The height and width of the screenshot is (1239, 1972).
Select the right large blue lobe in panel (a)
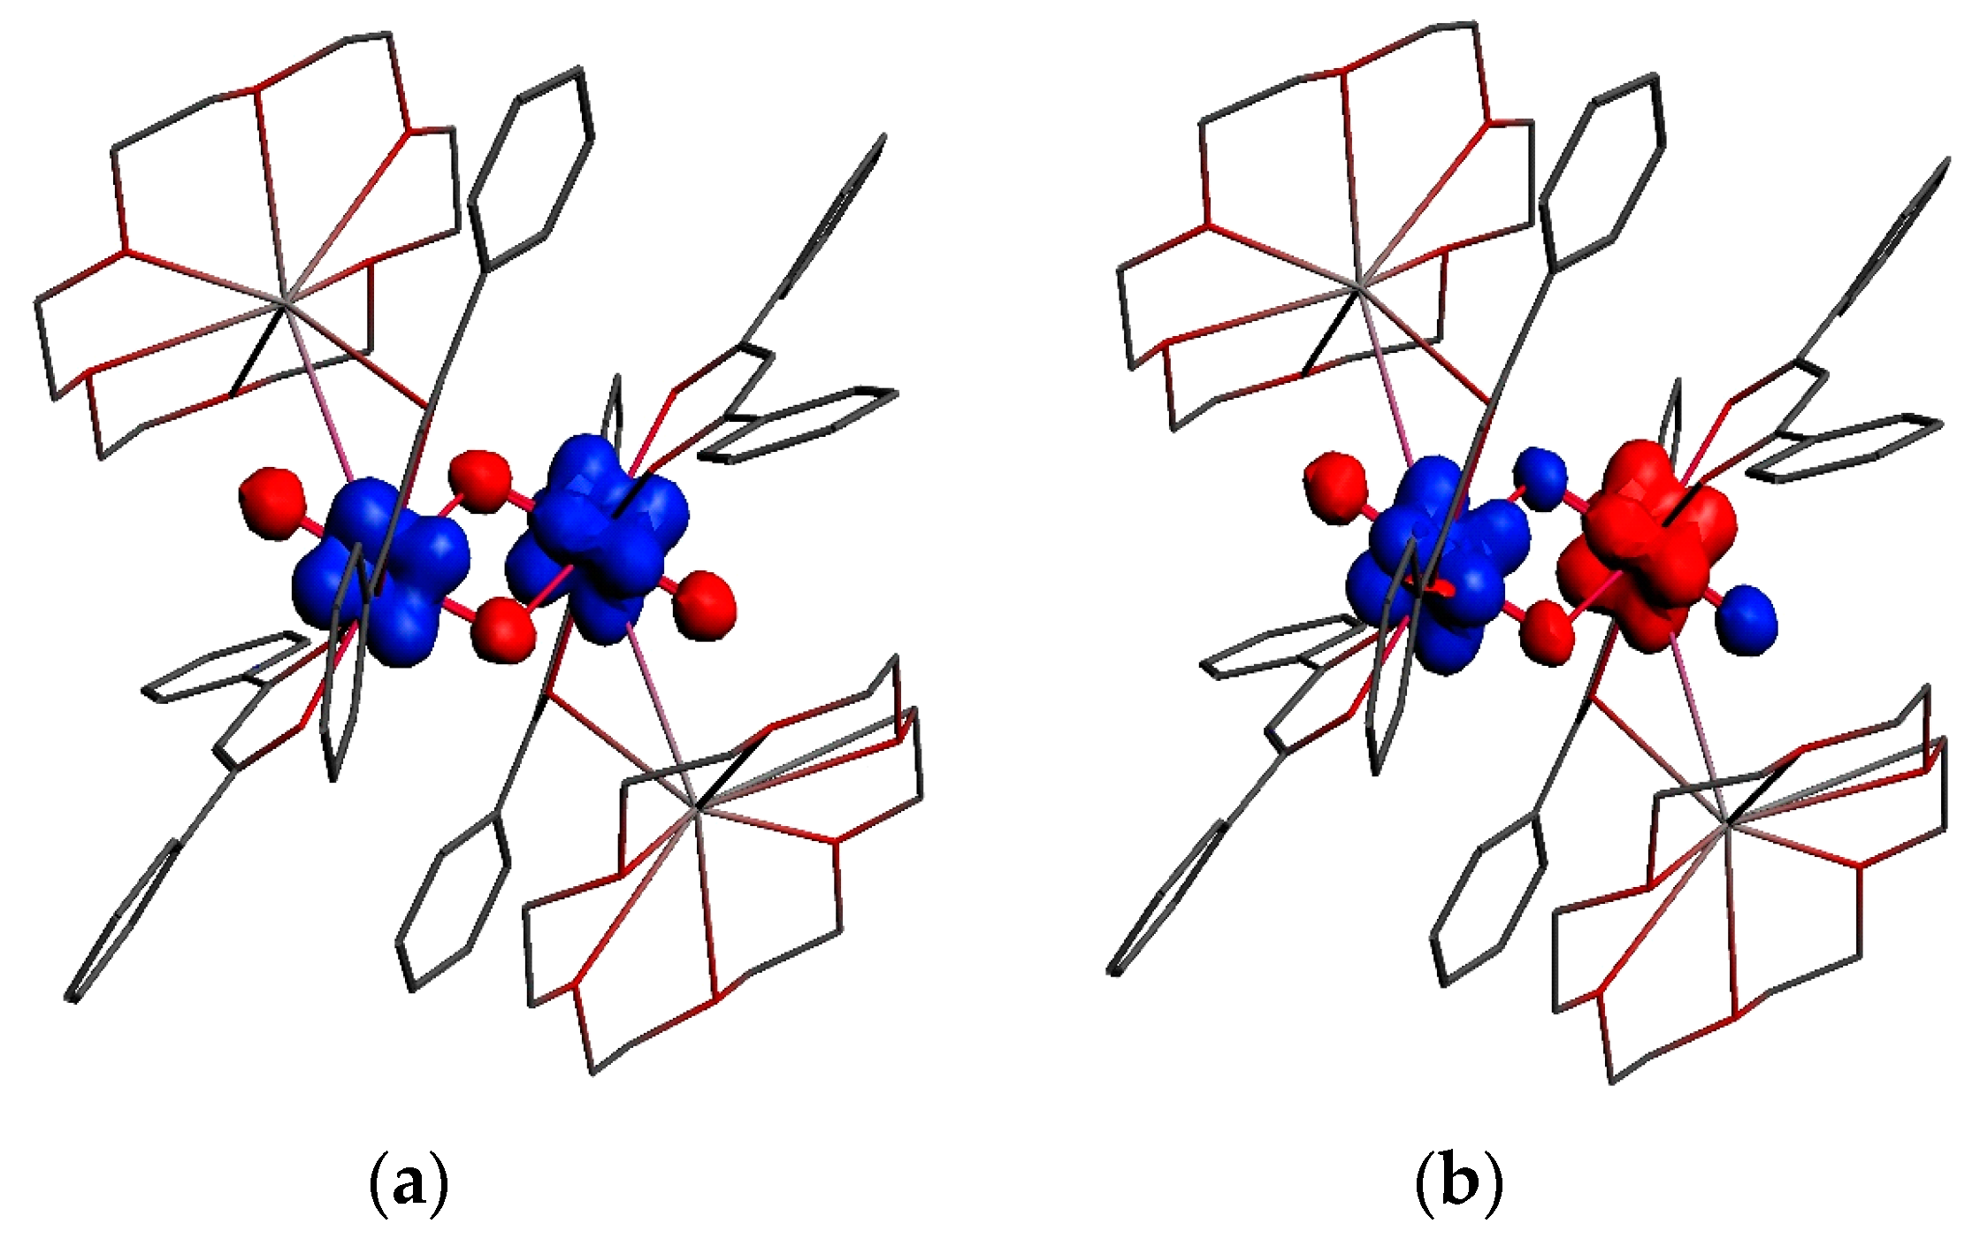tap(601, 539)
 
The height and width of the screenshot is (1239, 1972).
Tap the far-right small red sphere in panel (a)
tap(706, 603)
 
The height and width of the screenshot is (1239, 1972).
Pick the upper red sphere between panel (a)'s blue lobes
tap(480, 480)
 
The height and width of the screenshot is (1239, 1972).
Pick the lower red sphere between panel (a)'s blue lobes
tap(503, 629)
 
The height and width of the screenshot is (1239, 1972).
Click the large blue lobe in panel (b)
tap(1433, 566)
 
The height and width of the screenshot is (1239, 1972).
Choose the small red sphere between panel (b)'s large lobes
tap(1548, 631)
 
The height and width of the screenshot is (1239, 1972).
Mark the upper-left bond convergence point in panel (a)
tap(283, 303)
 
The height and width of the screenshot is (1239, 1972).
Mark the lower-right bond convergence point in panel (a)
tap(697, 808)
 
